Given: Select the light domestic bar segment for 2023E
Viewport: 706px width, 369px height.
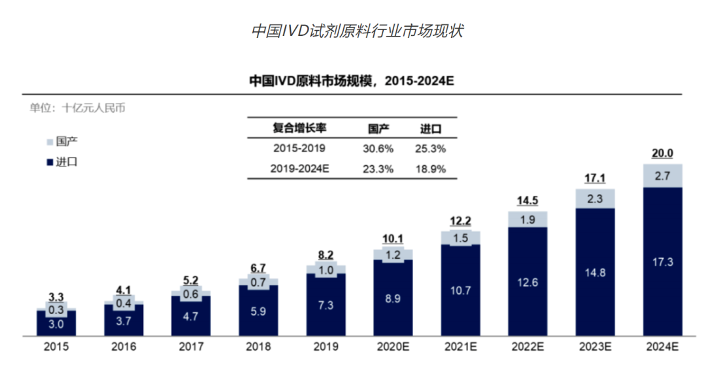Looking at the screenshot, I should (x=595, y=199).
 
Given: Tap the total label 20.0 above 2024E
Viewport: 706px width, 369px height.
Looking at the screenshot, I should (x=662, y=153).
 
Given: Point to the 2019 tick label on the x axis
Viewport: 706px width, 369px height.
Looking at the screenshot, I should (x=326, y=347).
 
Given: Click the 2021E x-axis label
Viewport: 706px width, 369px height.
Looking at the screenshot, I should (x=460, y=347).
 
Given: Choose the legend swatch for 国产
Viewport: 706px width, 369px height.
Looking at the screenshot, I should (x=51, y=141).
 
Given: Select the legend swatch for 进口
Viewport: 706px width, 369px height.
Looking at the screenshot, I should (x=51, y=162).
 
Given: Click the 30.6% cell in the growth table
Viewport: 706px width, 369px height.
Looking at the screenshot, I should (x=378, y=148).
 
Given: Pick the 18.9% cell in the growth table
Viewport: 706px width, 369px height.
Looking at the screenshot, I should (x=430, y=169).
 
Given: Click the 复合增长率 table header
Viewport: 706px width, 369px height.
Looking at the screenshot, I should (x=299, y=128).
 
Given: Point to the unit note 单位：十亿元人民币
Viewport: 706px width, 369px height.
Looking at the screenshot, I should (x=77, y=108).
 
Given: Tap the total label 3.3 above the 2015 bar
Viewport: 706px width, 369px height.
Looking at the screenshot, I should (x=56, y=297).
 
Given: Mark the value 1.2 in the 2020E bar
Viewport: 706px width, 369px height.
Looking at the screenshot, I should (x=393, y=255).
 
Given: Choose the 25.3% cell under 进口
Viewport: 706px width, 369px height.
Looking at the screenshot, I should (x=430, y=148).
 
